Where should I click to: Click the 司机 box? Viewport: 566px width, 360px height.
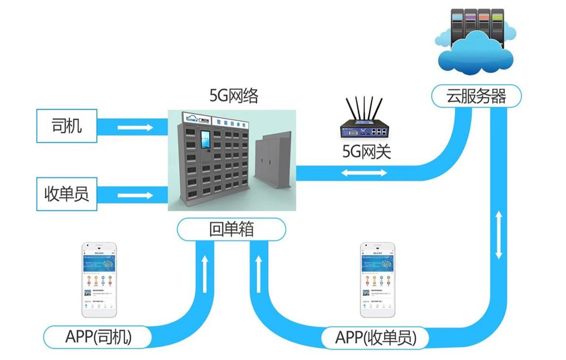[67, 126]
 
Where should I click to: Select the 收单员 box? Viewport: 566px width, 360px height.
[67, 194]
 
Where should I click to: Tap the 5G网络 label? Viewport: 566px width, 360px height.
[234, 97]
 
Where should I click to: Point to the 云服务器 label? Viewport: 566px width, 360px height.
[476, 97]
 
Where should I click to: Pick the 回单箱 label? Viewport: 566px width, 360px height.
[231, 229]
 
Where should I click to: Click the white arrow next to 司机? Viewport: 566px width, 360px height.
[135, 127]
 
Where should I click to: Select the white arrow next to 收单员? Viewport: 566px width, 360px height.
[135, 195]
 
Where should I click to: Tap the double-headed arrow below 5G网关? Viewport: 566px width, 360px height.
[364, 173]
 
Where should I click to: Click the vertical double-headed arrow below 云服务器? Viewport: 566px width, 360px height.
[499, 234]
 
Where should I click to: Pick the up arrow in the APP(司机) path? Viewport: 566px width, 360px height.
[204, 274]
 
